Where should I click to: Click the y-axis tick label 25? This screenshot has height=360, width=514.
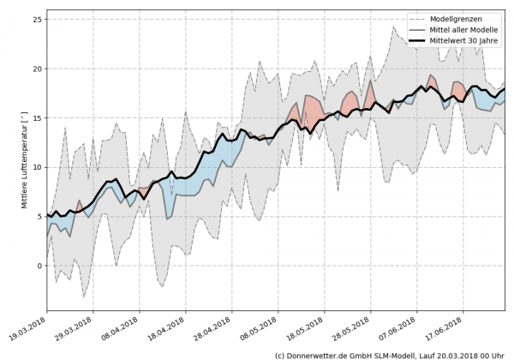(37, 20)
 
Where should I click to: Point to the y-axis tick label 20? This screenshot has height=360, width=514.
(37, 69)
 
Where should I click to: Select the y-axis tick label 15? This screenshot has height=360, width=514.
(37, 117)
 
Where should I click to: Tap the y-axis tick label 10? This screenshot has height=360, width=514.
(37, 167)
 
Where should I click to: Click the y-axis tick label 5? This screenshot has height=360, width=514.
(39, 216)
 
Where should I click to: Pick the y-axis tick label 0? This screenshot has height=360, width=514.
(39, 266)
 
